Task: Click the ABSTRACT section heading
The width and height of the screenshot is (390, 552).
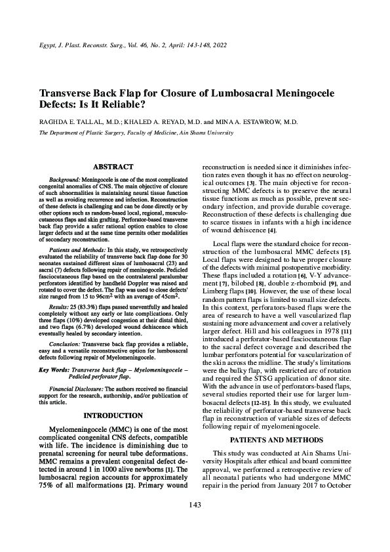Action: tap(113, 167)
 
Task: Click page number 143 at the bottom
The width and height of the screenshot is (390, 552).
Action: tap(194, 523)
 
